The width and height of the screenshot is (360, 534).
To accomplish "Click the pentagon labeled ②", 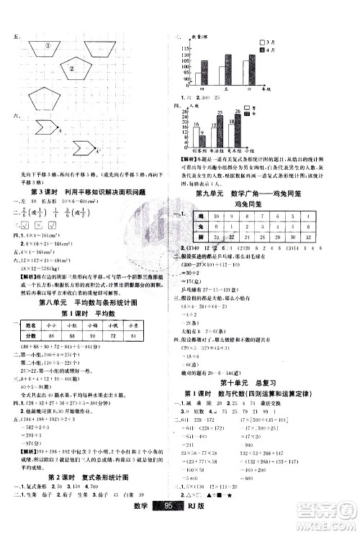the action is pos(72,70).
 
